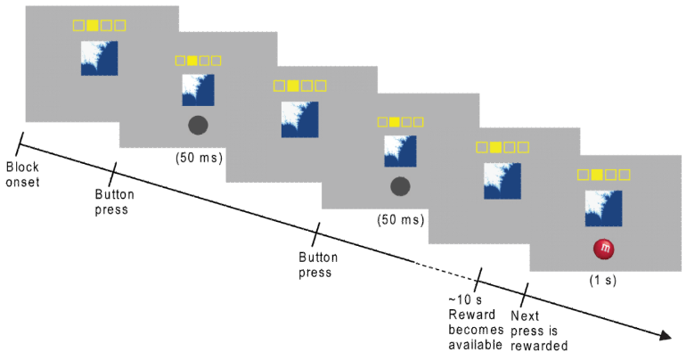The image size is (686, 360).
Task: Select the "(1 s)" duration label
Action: pos(606,280)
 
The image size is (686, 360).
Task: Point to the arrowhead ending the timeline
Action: pos(664,337)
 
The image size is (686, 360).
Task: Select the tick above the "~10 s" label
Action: pos(480,277)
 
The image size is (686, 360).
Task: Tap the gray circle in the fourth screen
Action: pos(401,185)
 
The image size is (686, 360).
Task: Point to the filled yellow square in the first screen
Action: pos(91,25)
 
